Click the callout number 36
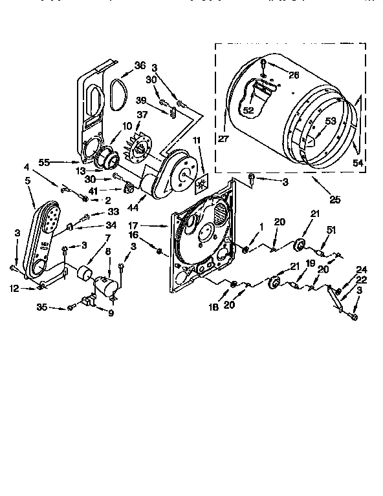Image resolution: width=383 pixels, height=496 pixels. [x=140, y=65]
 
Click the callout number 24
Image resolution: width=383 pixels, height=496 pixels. [x=361, y=270]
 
